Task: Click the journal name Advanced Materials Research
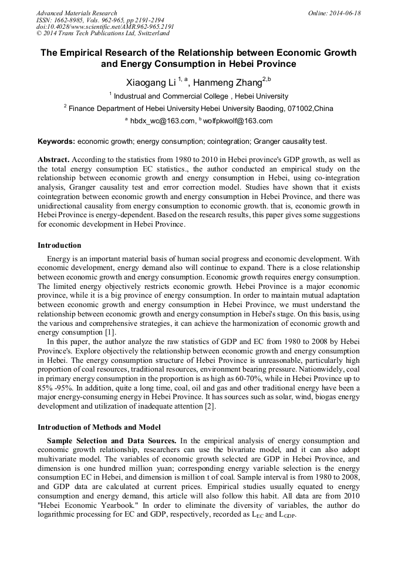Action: pyautogui.click(x=76, y=13)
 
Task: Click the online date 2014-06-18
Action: pyautogui.click(x=345, y=13)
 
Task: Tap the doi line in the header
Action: pyautogui.click(x=105, y=27)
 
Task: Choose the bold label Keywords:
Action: pyautogui.click(x=56, y=141)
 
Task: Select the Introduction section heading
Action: pyautogui.click(x=59, y=245)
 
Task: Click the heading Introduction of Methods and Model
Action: pyautogui.click(x=99, y=427)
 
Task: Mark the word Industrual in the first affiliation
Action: pyautogui.click(x=132, y=96)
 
